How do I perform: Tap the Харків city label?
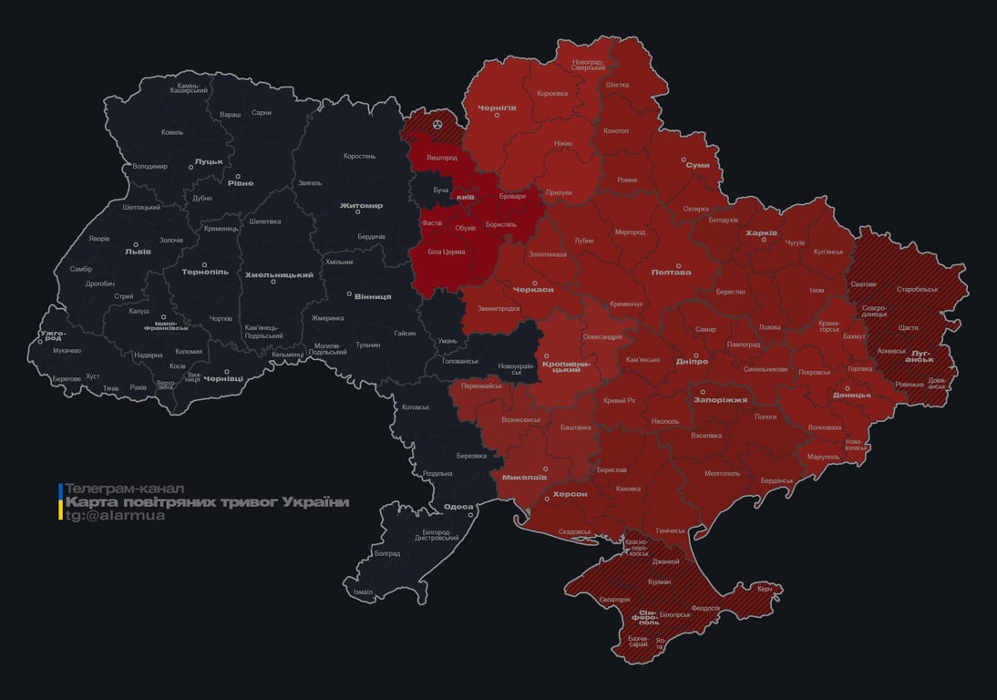coord(761,233)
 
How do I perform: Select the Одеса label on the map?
coord(457,508)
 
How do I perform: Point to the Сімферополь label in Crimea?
coord(648,616)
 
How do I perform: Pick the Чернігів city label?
coord(497,108)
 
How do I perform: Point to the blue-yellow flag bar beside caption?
coord(60,502)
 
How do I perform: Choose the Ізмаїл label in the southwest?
coord(363,592)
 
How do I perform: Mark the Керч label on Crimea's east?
coord(764,589)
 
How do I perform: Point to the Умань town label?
coord(447,340)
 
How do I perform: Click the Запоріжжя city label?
coord(720,399)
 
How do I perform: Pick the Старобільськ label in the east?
coord(917,289)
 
